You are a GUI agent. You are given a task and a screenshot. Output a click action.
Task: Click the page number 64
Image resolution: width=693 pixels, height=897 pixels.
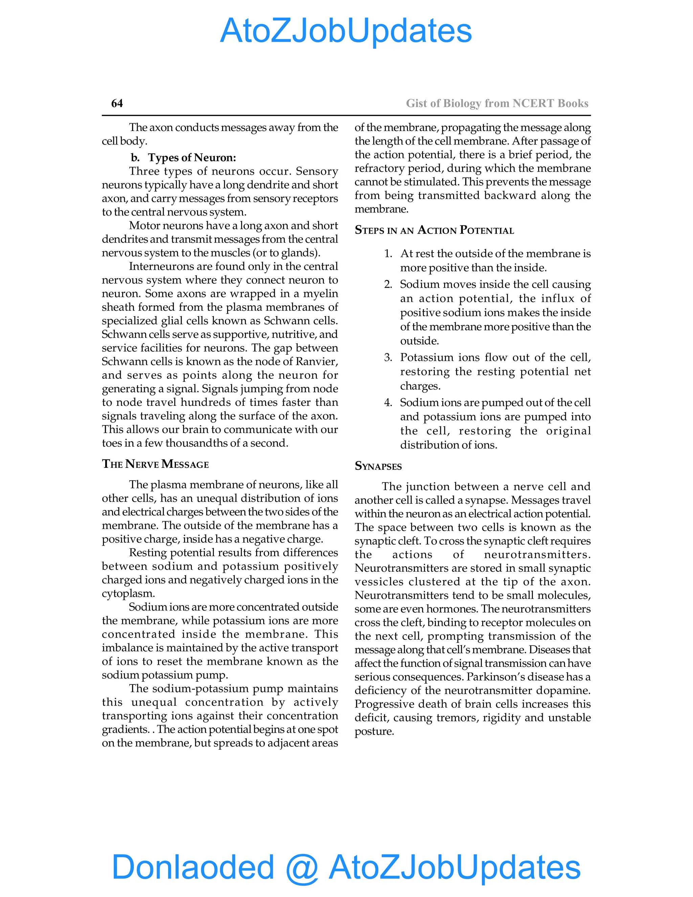[117, 103]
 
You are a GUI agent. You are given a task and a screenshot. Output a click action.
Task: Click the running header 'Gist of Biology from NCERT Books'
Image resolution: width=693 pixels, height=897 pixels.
[497, 103]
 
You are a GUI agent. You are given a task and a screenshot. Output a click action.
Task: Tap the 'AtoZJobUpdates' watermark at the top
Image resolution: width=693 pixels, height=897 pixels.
[346, 31]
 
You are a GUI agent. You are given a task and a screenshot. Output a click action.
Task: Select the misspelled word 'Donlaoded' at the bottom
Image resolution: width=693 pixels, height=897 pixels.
[193, 867]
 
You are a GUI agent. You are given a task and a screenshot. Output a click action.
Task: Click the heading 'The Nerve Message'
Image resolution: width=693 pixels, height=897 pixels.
[155, 464]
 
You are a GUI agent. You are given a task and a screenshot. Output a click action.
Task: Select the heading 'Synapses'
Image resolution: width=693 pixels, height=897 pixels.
[378, 466]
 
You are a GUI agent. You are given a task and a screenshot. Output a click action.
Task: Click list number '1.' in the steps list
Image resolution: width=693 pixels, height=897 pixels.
[388, 254]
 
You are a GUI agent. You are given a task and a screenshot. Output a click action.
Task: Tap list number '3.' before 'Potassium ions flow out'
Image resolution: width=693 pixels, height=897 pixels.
[388, 358]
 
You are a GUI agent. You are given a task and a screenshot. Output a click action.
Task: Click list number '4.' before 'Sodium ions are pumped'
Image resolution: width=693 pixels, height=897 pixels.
[388, 402]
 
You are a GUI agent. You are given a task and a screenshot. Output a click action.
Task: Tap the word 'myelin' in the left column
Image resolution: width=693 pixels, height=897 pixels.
[320, 294]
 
